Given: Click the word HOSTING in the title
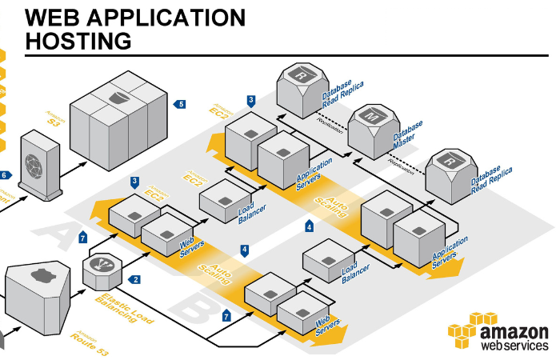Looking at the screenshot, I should [79, 40].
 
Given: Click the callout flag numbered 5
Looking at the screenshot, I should [180, 103].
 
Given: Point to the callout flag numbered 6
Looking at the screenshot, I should [6, 175].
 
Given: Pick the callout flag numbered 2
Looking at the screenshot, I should [134, 279].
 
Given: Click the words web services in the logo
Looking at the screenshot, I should [515, 346].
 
